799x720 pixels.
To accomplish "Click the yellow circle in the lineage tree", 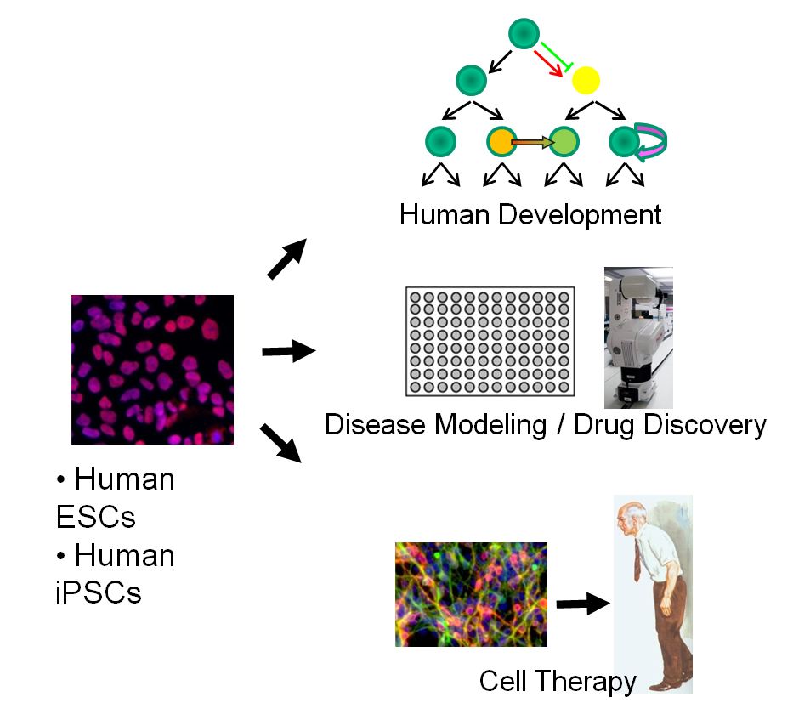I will (586, 81).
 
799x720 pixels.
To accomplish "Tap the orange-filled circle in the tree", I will (501, 141).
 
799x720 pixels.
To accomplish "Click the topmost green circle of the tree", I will (524, 34).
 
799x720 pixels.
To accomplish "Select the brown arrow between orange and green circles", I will (532, 142).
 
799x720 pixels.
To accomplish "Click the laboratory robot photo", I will (637, 337).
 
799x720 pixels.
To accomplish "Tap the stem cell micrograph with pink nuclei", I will (152, 370).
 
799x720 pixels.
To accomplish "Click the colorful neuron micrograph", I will (471, 594).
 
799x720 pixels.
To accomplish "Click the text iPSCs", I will (99, 592).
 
